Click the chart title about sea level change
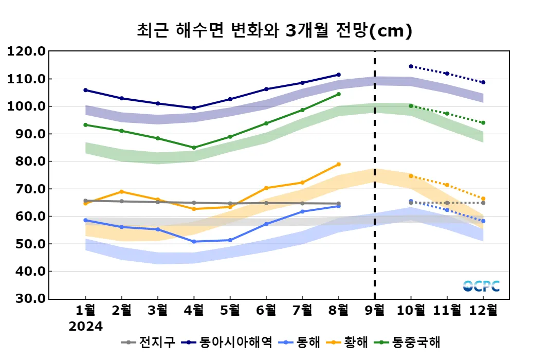coord(274,31)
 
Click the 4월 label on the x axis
coord(194,310)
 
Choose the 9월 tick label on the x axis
coord(374,310)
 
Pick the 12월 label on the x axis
coord(483,310)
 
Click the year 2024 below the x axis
coord(86,327)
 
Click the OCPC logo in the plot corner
coord(481,286)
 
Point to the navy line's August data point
coord(338,75)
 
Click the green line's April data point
coord(194,148)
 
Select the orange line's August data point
coord(338,164)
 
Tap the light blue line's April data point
coord(194,242)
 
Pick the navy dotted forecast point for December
coord(483,82)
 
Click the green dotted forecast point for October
coord(411,106)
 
